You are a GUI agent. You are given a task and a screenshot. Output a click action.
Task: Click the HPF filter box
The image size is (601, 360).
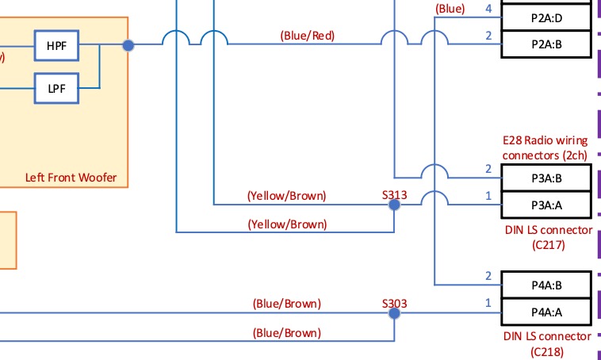(57, 46)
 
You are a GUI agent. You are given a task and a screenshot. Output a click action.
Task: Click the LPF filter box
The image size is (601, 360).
(57, 87)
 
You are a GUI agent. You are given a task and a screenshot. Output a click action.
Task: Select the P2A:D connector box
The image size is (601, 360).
(546, 17)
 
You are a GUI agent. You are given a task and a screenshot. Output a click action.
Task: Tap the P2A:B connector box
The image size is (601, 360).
(546, 45)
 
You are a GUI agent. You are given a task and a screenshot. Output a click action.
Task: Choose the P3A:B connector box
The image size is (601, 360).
(546, 178)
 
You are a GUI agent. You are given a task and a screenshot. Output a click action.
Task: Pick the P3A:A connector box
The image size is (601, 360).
(546, 205)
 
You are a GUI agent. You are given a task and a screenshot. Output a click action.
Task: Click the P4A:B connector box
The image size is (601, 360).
(546, 285)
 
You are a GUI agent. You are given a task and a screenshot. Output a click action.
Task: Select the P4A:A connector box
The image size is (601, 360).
(546, 312)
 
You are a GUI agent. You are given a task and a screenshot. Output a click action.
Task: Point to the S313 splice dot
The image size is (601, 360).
(394, 205)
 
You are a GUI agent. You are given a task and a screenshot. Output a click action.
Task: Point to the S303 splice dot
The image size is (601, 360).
(394, 313)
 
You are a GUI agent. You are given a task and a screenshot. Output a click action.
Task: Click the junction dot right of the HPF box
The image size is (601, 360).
(128, 45)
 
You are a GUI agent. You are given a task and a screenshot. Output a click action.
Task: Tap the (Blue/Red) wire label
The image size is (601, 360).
(307, 35)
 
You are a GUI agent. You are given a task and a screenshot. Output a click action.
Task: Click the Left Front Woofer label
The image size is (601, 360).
(71, 178)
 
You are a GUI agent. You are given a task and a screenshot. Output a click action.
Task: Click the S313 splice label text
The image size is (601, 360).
(394, 194)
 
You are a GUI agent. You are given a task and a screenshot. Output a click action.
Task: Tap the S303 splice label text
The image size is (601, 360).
(394, 303)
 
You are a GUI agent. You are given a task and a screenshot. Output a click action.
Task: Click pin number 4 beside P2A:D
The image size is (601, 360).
(488, 9)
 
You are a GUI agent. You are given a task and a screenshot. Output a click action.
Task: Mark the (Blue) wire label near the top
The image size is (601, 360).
(450, 9)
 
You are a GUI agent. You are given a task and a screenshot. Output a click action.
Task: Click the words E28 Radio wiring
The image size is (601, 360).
(545, 140)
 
